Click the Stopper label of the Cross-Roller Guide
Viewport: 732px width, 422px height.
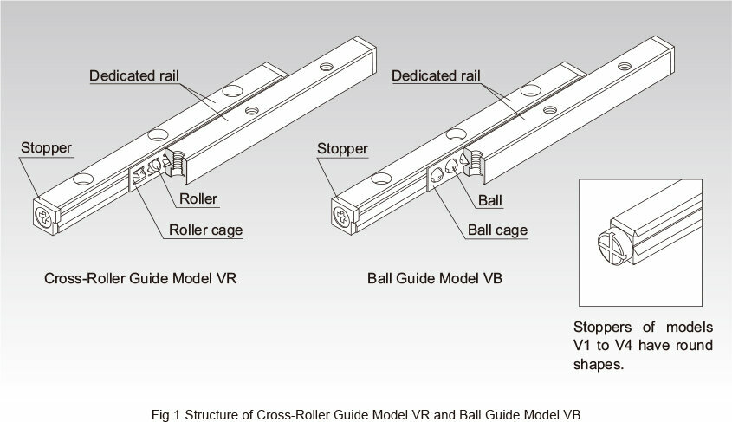point(46,148)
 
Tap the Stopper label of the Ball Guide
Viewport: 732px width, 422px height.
point(342,149)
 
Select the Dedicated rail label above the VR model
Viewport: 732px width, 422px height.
point(134,75)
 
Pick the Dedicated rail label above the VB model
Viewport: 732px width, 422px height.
point(436,75)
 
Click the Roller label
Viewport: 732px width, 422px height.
point(198,198)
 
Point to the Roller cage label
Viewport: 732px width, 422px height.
point(206,230)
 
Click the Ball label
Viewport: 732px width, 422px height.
point(490,201)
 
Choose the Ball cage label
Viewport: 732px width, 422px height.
point(497,230)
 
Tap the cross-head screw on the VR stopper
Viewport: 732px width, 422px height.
point(44,217)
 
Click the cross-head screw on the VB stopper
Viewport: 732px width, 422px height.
point(341,217)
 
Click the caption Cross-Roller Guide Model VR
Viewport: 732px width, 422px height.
point(140,279)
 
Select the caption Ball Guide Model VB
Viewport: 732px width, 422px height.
point(435,279)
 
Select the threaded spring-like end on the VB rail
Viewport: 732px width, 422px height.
point(475,162)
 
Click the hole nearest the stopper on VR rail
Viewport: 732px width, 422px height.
point(83,179)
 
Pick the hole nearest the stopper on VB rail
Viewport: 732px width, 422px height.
point(381,179)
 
